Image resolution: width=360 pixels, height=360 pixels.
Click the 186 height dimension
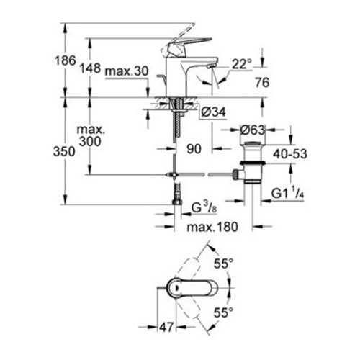pos(66,60)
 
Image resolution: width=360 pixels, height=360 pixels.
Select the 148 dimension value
pos(90,68)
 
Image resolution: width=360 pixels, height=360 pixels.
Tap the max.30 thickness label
pos(127,71)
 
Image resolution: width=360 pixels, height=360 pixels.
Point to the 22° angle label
pos(242,64)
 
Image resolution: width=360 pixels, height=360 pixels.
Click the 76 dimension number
pos(262,83)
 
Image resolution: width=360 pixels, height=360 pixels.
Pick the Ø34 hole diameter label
pos(214,112)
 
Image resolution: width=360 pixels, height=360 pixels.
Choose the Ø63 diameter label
pos(252,130)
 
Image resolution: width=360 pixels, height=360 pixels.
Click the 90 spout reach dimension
pos(194,149)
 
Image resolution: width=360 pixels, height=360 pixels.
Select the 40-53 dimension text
pos(290,154)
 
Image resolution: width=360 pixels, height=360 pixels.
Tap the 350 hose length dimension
pos(64,152)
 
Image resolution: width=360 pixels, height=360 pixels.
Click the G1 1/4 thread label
pos(288,193)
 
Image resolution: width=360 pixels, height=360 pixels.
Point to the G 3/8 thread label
pos(204,208)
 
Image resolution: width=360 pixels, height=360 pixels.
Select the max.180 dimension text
pos(212,227)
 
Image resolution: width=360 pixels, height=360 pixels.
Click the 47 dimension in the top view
pos(166,327)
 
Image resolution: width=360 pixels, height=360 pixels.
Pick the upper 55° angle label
pos(224,264)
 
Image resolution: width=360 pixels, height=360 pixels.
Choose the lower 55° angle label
pos(223,312)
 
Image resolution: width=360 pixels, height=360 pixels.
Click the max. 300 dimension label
pos(91,135)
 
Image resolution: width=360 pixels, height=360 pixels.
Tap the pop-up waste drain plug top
pos(253,144)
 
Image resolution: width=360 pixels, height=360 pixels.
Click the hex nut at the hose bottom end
pos(177,202)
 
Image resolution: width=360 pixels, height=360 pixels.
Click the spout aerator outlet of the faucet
pos(211,66)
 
